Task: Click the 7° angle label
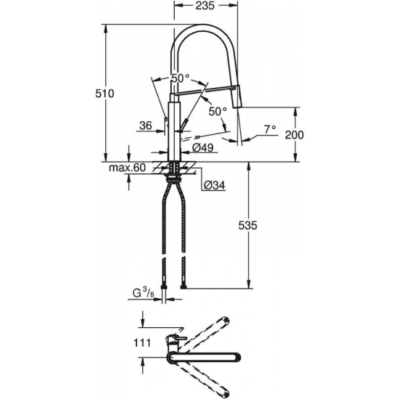[x=269, y=129]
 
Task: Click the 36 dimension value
[x=144, y=126]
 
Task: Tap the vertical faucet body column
[x=173, y=127]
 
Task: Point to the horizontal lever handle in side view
[x=196, y=91]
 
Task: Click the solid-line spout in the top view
[x=210, y=357]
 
